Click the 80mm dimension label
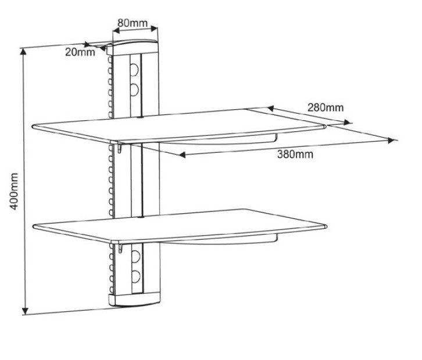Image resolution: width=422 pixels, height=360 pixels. coord(133,23)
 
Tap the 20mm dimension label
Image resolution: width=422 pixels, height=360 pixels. coord(80,52)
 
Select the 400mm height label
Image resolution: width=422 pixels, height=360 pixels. coord(13,191)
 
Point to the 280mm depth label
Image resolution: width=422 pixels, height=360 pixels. coord(326,107)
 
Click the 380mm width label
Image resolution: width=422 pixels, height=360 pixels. coord(295,154)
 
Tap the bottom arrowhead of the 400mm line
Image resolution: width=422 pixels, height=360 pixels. coord(25,311)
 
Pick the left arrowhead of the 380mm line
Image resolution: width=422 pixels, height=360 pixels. coord(182,154)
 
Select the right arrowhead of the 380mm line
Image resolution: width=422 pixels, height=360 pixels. coord(392,141)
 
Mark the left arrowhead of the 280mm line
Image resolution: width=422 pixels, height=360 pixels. coord(270,109)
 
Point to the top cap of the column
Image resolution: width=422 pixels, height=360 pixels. coord(132,47)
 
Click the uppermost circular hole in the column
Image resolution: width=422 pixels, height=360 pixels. coord(134,69)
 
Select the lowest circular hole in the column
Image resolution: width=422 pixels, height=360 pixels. coord(135,277)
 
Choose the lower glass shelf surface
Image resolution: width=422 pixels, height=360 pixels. coord(180,225)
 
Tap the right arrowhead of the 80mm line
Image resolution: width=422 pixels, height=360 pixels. coord(154,28)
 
